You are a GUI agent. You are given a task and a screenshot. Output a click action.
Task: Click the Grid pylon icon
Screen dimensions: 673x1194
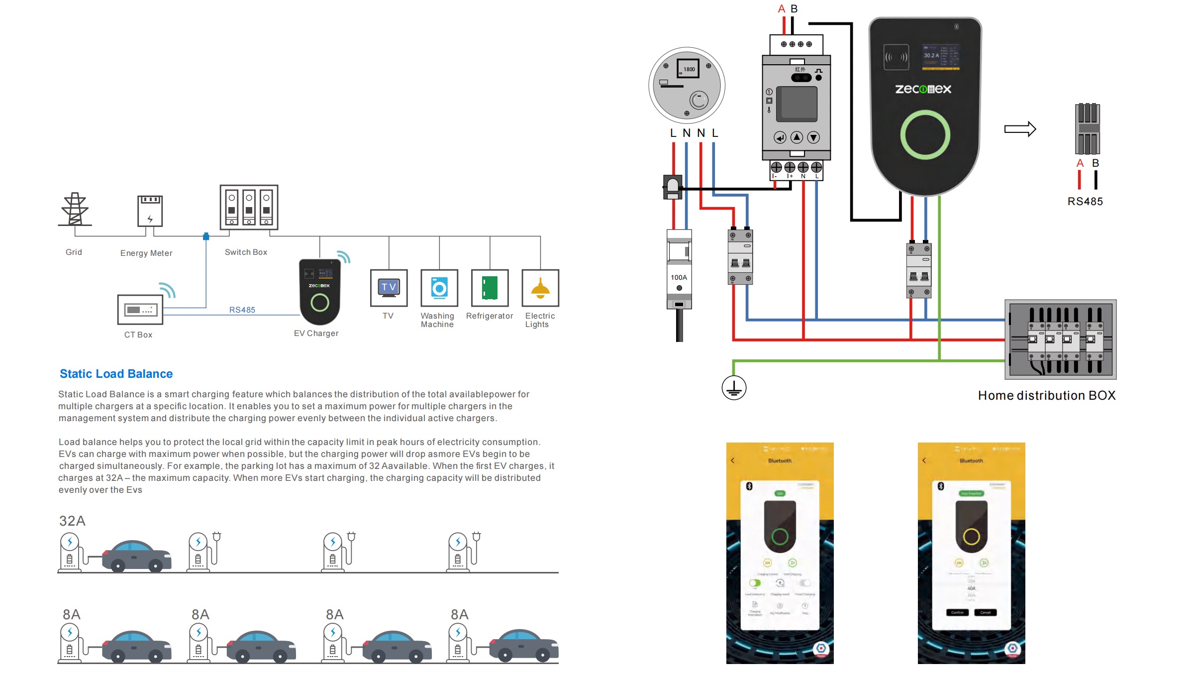click(x=75, y=209)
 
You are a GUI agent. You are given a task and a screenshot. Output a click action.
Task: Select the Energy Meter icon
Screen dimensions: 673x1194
click(x=150, y=211)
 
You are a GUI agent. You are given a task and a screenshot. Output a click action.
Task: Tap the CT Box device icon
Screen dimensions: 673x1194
click(x=140, y=310)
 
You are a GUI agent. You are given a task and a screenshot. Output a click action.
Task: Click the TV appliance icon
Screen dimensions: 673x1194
click(x=389, y=288)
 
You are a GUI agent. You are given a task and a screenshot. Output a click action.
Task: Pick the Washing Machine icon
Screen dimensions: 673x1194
click(x=439, y=288)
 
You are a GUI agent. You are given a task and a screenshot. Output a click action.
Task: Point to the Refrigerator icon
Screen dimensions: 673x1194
click(x=490, y=288)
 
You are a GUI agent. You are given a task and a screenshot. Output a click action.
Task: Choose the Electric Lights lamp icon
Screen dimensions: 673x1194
click(x=540, y=288)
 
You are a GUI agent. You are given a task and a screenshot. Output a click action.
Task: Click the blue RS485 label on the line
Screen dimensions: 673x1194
click(x=242, y=310)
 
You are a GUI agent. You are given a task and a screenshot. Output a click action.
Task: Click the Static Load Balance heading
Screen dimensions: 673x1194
click(x=116, y=374)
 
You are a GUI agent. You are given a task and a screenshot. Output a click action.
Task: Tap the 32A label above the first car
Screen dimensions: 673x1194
click(x=72, y=521)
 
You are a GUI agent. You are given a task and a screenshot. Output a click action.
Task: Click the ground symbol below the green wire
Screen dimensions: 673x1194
click(x=734, y=388)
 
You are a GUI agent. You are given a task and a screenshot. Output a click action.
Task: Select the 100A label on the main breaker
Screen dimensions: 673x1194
click(x=679, y=277)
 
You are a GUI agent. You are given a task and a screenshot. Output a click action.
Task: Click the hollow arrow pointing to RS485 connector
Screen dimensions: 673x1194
click(x=1020, y=129)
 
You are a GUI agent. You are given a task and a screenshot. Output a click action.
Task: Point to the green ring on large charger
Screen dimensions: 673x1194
click(x=925, y=135)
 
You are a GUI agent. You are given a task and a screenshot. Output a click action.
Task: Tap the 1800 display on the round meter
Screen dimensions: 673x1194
click(x=689, y=69)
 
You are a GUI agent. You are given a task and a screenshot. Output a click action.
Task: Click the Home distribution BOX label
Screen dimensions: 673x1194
click(x=1047, y=395)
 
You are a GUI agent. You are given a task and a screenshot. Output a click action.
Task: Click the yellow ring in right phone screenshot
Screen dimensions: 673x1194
click(x=971, y=537)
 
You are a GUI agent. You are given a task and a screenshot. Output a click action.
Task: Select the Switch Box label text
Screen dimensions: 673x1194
click(x=246, y=252)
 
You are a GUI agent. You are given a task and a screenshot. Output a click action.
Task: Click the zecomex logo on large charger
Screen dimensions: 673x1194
click(x=923, y=89)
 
